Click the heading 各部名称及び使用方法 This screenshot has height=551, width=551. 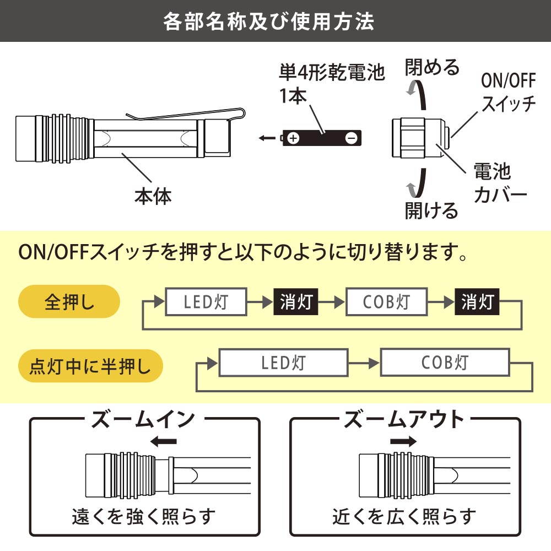click(269, 21)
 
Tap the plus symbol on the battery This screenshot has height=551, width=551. click(293, 138)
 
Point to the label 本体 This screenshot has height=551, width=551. click(153, 196)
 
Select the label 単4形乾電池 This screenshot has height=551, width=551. click(331, 73)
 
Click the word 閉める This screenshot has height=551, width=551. click(432, 67)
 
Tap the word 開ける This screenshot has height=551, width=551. click(431, 210)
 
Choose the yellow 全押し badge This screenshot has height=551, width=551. click(69, 302)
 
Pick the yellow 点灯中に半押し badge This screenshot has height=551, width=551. click(91, 365)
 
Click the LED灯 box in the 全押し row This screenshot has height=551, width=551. click(206, 302)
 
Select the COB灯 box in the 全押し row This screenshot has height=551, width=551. click(386, 302)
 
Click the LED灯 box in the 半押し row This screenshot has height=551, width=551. click(284, 363)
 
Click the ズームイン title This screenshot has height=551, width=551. click(143, 420)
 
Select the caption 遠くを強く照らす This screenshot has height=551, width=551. click(143, 516)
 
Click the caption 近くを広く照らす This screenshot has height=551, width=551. click(404, 516)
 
